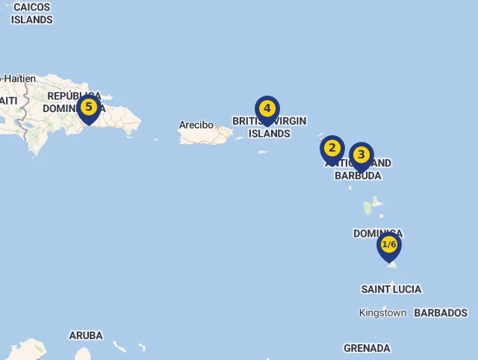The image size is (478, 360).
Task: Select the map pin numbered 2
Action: pos(332,148)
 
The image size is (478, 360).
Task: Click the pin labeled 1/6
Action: pos(389,245)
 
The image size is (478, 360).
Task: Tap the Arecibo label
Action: pos(196,125)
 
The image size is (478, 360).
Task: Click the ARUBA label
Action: pos(86,335)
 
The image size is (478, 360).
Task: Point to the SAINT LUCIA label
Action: pos(391,289)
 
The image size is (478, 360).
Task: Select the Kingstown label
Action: pos(382,313)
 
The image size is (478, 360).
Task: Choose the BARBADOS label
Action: pos(441,313)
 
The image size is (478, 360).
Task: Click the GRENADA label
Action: pos(367,348)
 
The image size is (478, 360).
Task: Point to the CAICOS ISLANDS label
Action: pos(31,13)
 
